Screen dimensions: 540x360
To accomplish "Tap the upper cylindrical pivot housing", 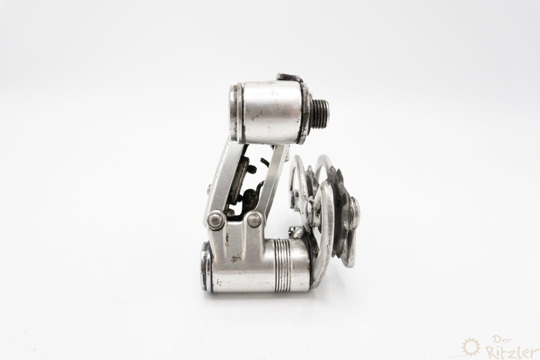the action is [271, 112].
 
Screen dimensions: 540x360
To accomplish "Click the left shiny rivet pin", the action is [215, 219].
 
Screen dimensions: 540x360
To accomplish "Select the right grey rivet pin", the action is [255, 219].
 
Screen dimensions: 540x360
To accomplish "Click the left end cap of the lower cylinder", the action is [206, 267].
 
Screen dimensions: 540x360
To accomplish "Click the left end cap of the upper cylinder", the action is [234, 113].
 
